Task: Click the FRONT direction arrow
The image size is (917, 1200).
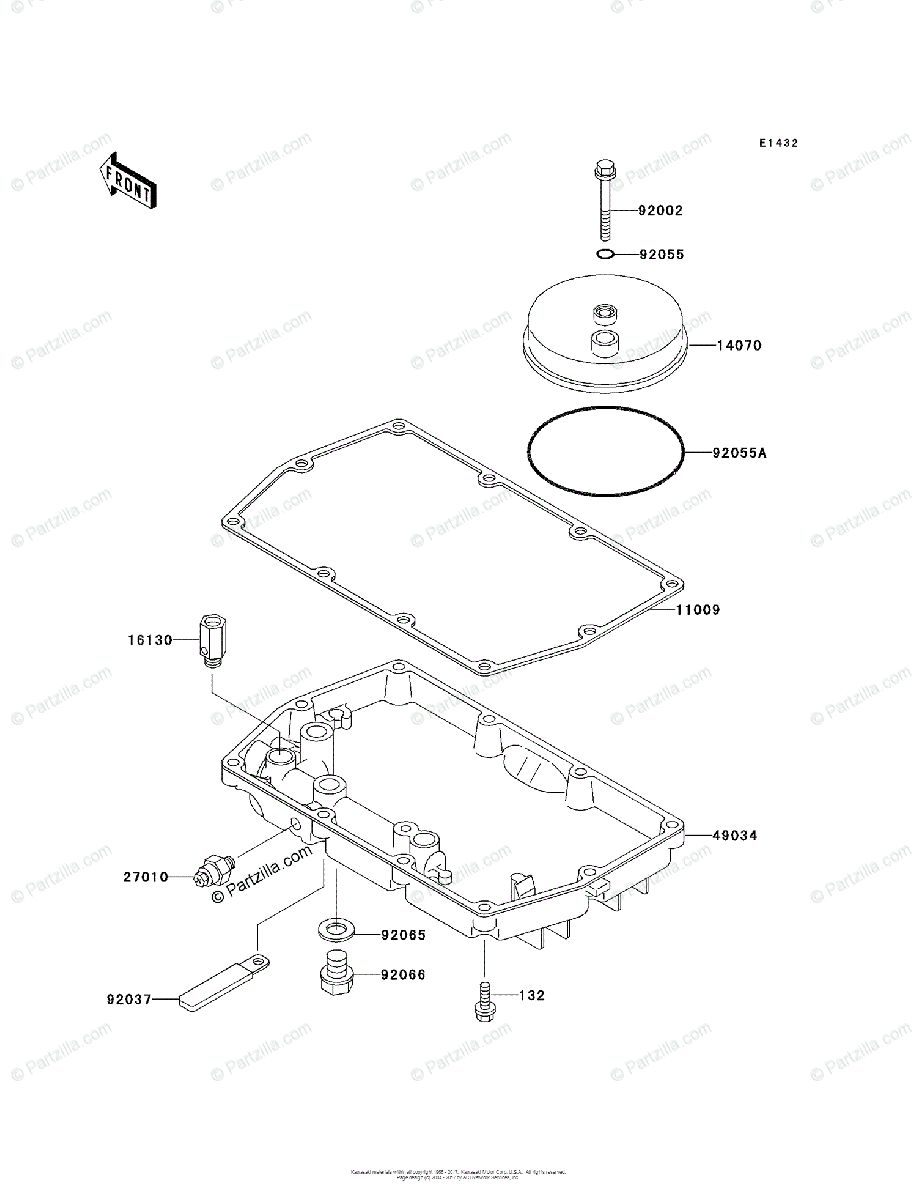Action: tap(127, 179)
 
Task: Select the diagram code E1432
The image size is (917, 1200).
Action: tap(777, 144)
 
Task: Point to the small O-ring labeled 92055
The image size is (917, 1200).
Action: tap(604, 254)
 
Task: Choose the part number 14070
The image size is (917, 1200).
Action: tap(739, 346)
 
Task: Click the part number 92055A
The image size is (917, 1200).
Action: tap(739, 453)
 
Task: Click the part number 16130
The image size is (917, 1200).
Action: tap(150, 639)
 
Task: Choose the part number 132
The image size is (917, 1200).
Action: tap(531, 996)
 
